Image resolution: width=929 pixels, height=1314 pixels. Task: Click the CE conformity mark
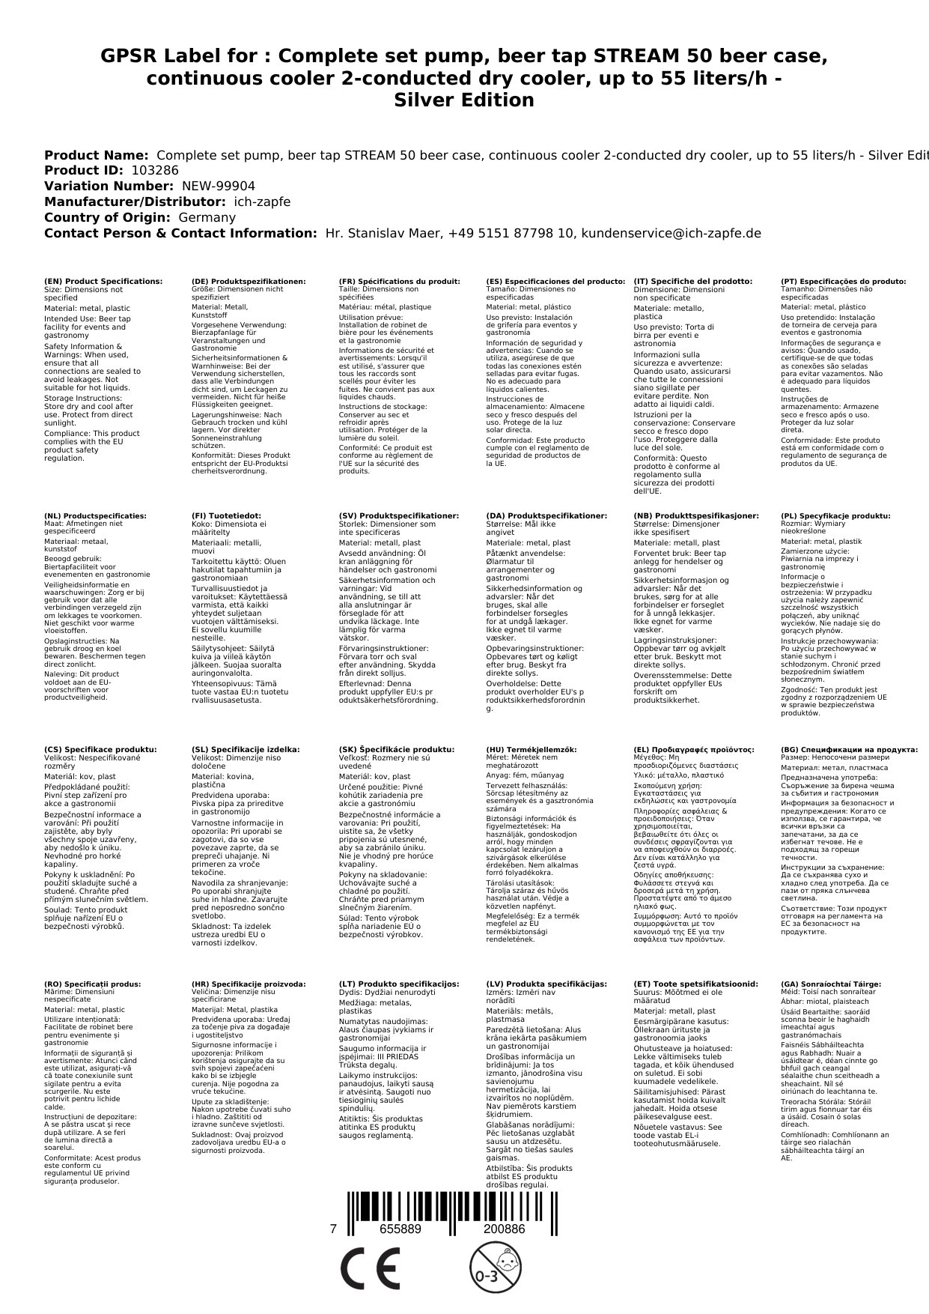tap(370, 1271)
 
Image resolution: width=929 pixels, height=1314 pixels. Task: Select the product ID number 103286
tap(155, 170)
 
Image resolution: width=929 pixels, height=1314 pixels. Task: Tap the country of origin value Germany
tap(207, 217)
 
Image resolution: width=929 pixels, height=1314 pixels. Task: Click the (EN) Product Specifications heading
tap(103, 281)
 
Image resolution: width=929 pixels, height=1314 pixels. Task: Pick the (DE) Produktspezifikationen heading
tap(249, 281)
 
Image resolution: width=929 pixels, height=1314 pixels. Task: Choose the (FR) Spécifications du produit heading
tap(399, 281)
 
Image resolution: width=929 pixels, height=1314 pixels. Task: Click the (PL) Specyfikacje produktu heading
tap(835, 515)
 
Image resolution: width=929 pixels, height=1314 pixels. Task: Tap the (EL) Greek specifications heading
tap(693, 749)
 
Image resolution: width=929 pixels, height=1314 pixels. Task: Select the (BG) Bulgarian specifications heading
tap(849, 749)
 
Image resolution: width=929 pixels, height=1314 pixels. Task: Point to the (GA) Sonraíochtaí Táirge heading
tap(831, 984)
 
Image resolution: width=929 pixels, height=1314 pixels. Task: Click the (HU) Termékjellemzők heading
tap(531, 749)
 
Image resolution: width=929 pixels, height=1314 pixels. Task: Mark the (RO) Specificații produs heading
tap(92, 984)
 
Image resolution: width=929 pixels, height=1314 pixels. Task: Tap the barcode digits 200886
tap(504, 1229)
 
